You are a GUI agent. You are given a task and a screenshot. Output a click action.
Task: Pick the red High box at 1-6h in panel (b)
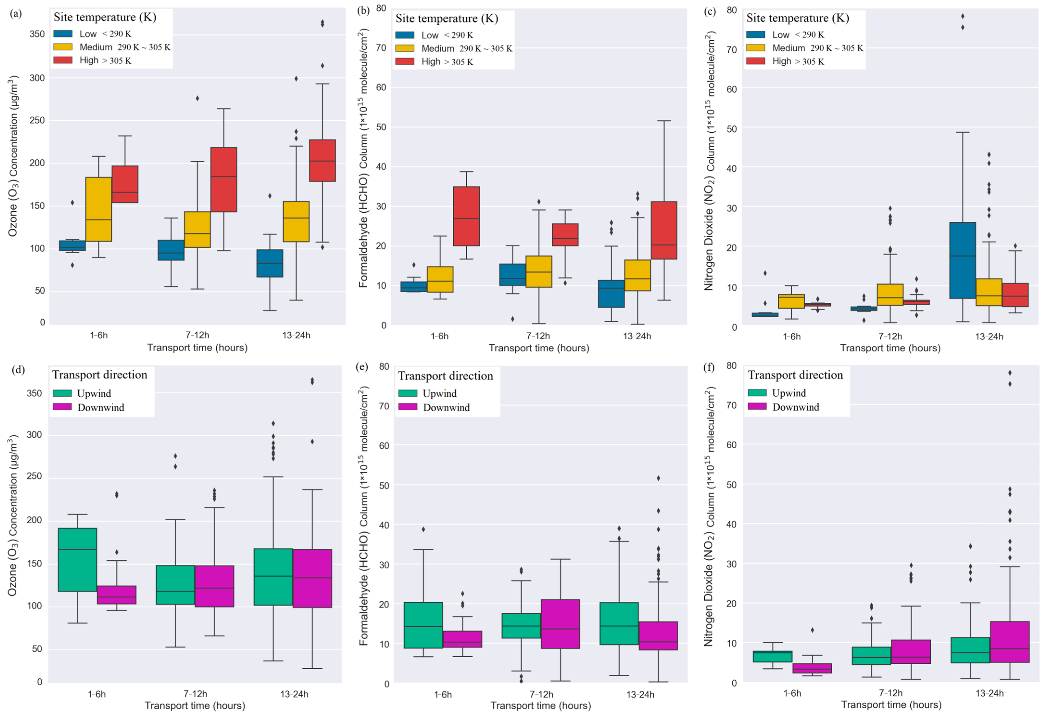[466, 216]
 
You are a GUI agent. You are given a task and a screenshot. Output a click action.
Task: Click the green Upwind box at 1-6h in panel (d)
[77, 560]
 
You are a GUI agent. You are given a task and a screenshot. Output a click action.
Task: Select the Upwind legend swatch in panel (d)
[62, 393]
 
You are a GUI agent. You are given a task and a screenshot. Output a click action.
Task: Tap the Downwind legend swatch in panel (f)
[757, 407]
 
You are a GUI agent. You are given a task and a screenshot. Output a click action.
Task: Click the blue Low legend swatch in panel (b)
[405, 35]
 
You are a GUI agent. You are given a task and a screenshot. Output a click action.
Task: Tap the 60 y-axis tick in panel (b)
[381, 87]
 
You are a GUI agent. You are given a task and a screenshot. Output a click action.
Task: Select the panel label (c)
[710, 12]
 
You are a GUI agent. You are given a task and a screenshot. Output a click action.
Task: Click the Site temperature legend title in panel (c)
[797, 18]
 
